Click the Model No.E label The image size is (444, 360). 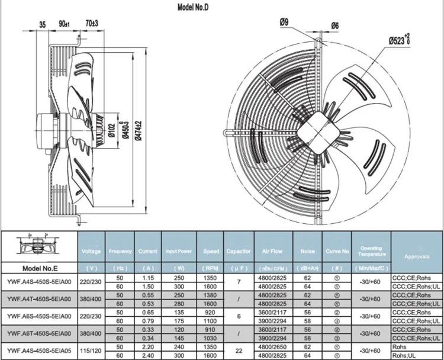click(x=38, y=266)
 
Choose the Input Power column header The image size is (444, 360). click(x=179, y=251)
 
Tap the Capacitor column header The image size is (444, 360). click(x=239, y=251)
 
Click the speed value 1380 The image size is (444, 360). click(x=210, y=294)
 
